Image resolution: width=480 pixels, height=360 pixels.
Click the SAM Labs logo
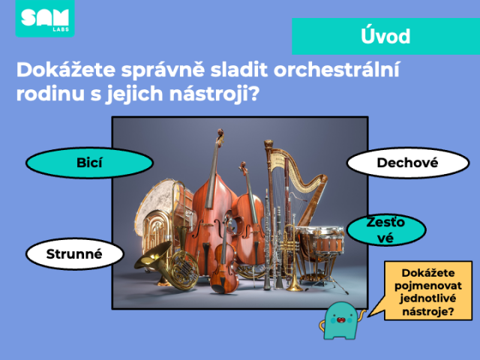(45, 18)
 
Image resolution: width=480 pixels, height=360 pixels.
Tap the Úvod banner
(385, 37)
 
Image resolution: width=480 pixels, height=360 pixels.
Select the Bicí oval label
(89, 163)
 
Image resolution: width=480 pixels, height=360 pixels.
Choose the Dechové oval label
(408, 163)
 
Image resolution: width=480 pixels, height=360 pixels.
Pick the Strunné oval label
(75, 254)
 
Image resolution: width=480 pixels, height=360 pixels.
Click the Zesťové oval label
(386, 230)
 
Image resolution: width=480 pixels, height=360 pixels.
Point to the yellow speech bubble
(428, 291)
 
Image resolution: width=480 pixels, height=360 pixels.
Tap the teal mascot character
(341, 321)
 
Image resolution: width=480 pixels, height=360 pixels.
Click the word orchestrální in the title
(337, 70)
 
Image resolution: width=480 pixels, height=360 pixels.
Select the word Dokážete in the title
(66, 70)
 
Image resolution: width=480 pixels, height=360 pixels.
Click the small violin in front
(224, 260)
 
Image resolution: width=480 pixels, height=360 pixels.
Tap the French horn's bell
(153, 254)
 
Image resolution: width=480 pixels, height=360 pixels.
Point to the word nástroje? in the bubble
(427, 312)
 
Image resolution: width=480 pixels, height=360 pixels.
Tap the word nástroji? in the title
(214, 94)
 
